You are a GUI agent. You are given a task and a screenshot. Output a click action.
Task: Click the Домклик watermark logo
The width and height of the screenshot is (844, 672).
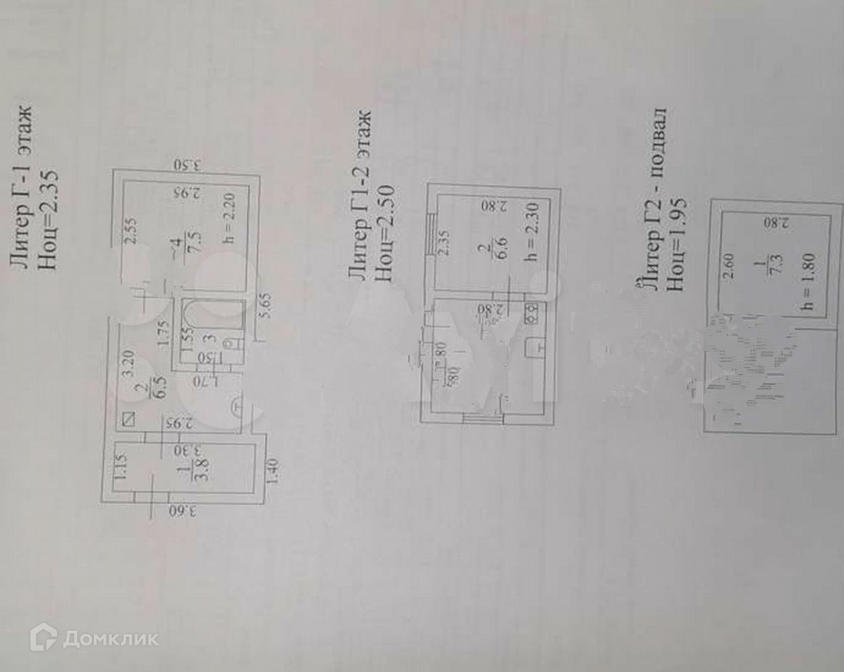point(94,638)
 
